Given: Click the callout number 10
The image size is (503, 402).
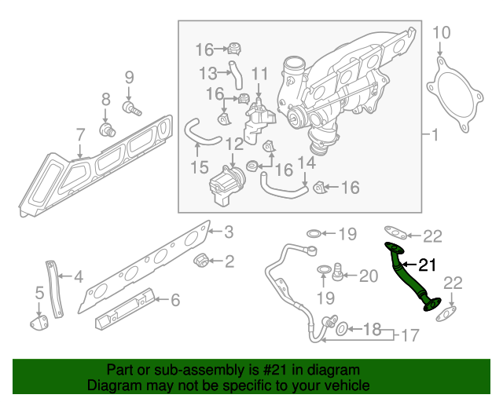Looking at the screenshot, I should [442, 32].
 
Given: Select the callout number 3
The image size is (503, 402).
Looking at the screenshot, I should [229, 232].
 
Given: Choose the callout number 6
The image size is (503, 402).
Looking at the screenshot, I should [175, 299].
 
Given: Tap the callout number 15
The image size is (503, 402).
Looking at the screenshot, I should [200, 167].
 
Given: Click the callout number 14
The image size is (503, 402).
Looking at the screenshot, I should [307, 163].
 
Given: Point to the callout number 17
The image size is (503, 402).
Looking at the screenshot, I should [407, 335].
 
